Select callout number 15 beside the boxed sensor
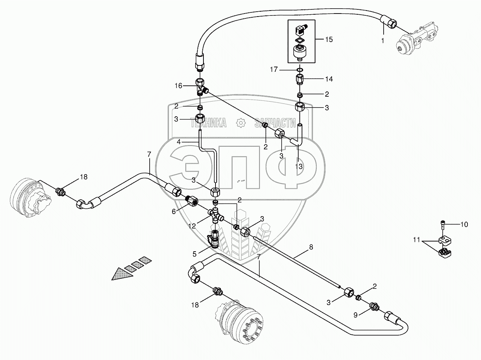(x=329, y=39)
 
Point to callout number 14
(x=329, y=79)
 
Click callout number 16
(x=179, y=86)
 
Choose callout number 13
(x=299, y=166)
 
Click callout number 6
(x=174, y=211)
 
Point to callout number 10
(x=464, y=225)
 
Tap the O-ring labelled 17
(x=299, y=70)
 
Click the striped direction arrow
(x=130, y=268)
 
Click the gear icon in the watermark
(x=240, y=123)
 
